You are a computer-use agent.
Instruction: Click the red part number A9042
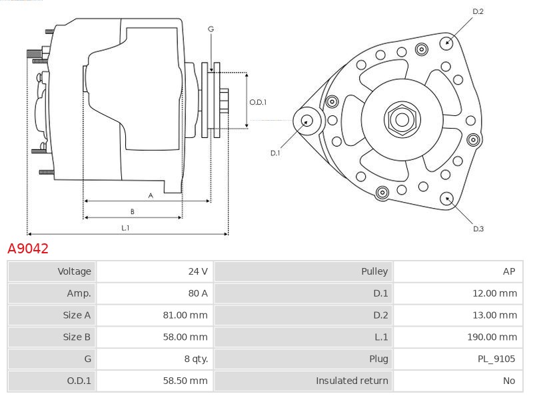28,249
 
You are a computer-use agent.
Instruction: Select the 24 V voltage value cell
155,271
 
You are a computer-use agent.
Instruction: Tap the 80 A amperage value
198,293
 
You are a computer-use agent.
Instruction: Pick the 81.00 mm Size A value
185,315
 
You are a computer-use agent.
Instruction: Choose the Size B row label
77,337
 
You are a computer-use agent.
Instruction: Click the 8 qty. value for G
196,359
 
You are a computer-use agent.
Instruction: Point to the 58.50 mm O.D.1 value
185,381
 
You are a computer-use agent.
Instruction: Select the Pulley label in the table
374,271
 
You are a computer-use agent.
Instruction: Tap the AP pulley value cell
458,271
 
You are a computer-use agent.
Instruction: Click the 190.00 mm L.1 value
492,337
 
